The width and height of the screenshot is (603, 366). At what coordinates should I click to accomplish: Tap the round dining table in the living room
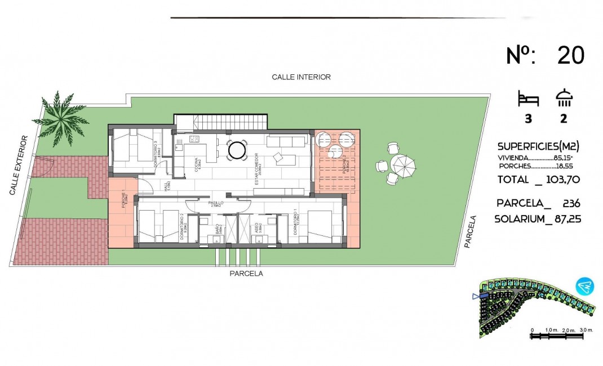point(236,150)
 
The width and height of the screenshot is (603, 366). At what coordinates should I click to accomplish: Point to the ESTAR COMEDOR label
point(256,167)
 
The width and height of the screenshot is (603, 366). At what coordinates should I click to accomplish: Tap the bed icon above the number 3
point(528,100)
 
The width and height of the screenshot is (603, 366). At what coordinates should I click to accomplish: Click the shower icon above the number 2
point(564,99)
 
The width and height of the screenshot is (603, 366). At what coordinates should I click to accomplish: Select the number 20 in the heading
point(571,56)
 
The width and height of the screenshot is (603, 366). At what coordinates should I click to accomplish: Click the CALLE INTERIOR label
point(301,77)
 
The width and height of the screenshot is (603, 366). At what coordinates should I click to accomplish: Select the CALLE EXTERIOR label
point(19,166)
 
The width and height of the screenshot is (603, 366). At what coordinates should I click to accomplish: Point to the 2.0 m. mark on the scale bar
point(568,330)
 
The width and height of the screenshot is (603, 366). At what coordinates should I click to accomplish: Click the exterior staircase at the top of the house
point(220,122)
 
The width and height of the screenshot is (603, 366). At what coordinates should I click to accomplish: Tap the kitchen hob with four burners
point(194,139)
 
